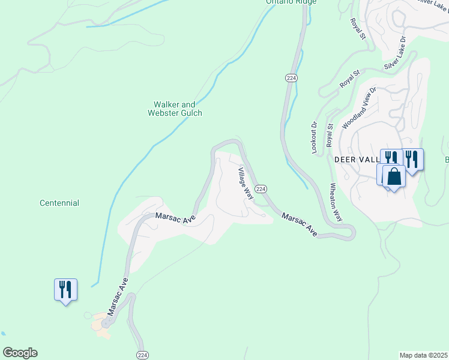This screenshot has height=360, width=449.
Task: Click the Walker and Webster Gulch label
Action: coord(175,109)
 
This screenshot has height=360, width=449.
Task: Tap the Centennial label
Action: coord(59,203)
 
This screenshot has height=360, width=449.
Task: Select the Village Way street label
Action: coord(245,183)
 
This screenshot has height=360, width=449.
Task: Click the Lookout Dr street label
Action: coord(314,138)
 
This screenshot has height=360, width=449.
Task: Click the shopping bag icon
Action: coord(394,176)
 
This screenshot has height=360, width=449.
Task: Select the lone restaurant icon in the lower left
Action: coord(65,289)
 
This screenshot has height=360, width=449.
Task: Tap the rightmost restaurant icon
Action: coord(412,159)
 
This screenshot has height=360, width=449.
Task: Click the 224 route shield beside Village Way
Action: coord(261,188)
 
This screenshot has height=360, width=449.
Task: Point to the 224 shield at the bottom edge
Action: coord(142,355)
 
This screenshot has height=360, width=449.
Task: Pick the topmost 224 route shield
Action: coord(291,78)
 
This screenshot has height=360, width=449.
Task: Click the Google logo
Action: coord(20,353)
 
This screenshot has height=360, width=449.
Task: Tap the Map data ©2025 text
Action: coord(423,355)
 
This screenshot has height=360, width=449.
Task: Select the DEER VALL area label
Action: coord(357,160)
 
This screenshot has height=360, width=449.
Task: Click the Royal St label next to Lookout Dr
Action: coord(330,134)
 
